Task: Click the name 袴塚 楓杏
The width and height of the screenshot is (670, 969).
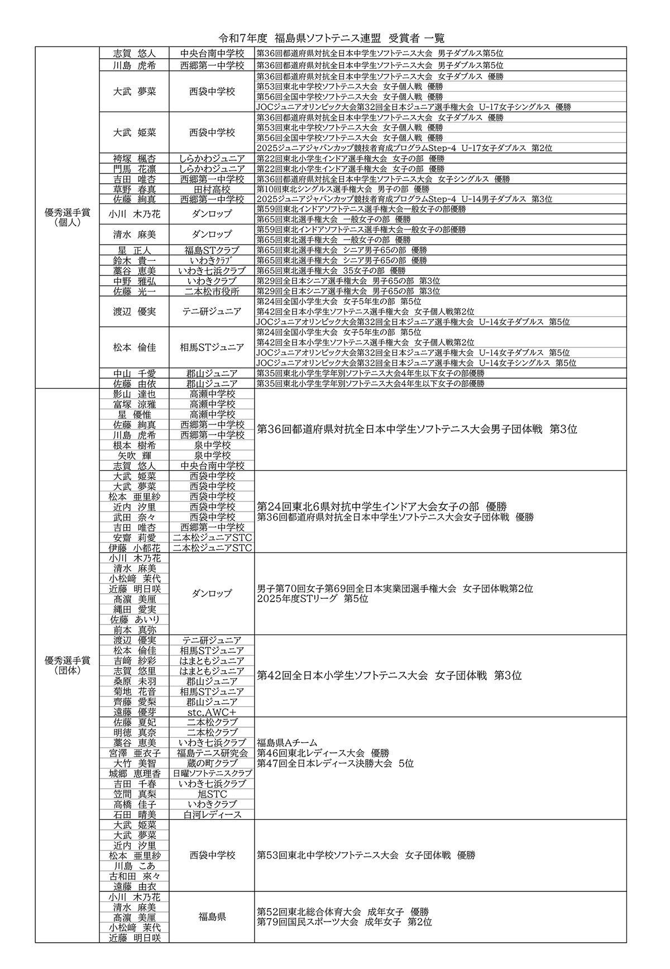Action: coord(135,159)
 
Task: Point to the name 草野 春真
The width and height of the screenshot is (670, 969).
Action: coord(135,189)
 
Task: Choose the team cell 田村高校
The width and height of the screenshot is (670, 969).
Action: coord(212,189)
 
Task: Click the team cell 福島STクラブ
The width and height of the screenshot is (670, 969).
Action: coord(212,251)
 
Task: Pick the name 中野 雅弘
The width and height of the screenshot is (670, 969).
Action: coord(135,281)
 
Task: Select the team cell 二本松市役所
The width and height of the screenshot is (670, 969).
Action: coord(212,292)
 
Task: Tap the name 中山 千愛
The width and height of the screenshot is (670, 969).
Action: coord(135,373)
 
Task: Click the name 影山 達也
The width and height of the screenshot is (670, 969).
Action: coord(135,394)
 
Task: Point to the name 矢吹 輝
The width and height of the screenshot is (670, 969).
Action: coord(135,455)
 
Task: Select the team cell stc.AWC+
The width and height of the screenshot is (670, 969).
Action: coord(212,712)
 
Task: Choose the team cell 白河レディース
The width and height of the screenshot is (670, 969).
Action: coord(212,815)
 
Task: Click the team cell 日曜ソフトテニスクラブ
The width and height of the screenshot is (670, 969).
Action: coord(212,774)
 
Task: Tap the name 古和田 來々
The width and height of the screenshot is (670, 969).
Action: coord(135,876)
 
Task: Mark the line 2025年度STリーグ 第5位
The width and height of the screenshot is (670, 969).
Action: coord(313,599)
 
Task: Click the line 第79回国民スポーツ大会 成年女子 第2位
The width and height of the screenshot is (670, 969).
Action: coord(344,922)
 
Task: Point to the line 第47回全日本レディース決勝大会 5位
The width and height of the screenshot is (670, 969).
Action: coord(336,763)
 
